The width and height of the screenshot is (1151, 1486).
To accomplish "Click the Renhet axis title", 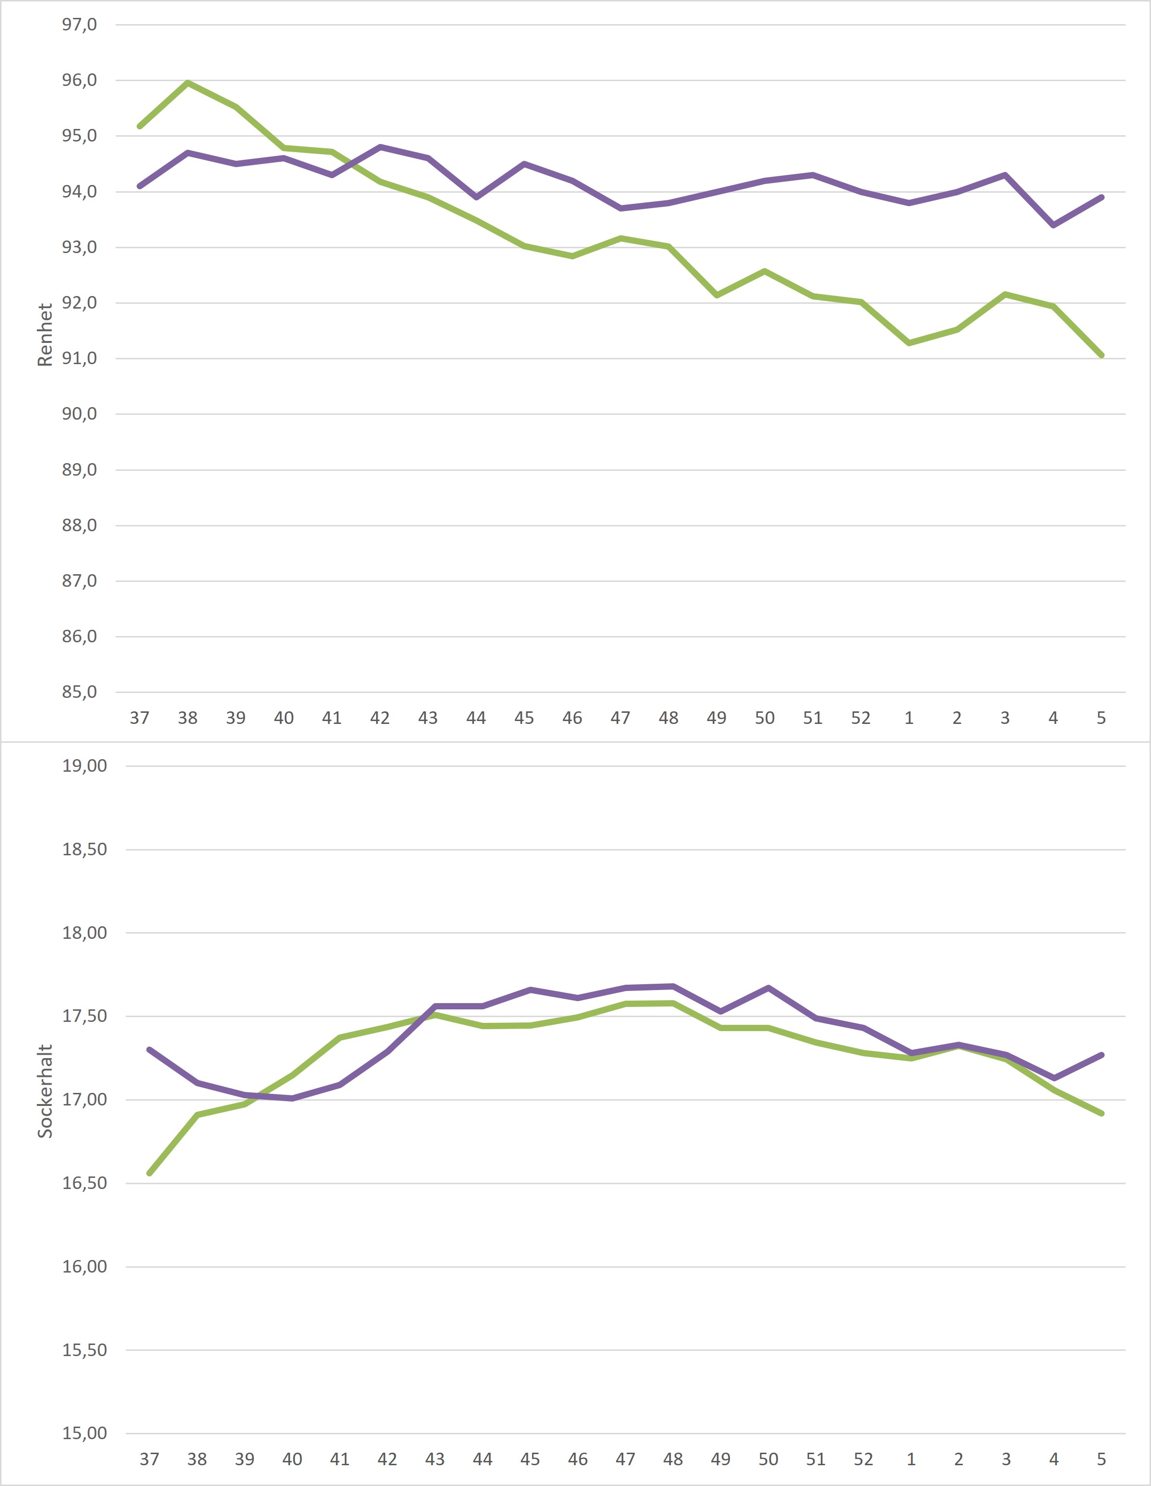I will click(x=45, y=335).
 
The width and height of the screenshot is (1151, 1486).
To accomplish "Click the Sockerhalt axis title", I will click(x=45, y=1090).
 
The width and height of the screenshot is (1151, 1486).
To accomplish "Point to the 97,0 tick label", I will click(x=80, y=25).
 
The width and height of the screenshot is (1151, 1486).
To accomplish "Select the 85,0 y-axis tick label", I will click(x=80, y=693).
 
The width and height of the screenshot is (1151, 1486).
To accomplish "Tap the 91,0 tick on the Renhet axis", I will click(x=80, y=358).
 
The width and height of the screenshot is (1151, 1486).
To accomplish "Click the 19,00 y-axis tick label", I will click(x=84, y=766).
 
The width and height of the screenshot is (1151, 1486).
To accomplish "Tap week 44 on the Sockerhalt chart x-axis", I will click(x=482, y=1459).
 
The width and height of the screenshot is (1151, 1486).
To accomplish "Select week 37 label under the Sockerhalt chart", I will click(x=149, y=1459).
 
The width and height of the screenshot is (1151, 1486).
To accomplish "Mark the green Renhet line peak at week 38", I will click(x=188, y=83).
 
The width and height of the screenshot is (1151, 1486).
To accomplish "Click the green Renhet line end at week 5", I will click(x=1101, y=355).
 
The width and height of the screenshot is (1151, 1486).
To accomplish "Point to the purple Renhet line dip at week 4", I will click(x=1053, y=225).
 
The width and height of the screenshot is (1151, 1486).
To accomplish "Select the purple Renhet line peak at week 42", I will click(x=380, y=147).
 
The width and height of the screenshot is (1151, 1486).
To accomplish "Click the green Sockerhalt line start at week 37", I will click(x=150, y=1173).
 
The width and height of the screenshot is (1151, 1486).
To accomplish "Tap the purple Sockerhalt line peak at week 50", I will click(x=768, y=988).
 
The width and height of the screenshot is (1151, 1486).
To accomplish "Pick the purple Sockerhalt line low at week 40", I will click(x=292, y=1098).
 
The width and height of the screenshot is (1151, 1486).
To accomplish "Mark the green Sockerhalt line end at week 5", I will click(x=1101, y=1113).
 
